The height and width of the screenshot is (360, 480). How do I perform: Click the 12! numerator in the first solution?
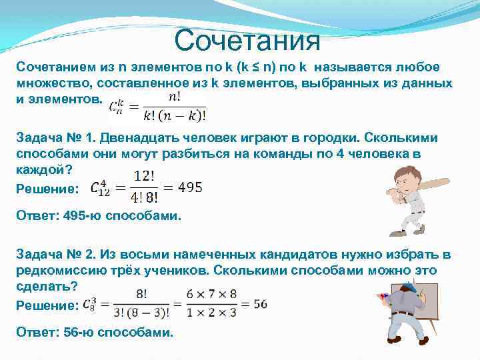(145, 177)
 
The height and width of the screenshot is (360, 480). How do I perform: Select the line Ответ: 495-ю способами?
(98, 217)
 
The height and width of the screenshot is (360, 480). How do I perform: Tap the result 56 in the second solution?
(260, 304)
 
